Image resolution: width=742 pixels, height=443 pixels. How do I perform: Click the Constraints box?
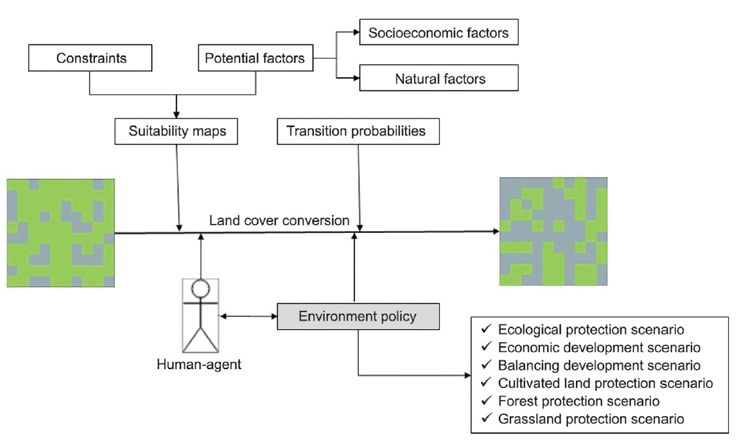pyautogui.click(x=91, y=58)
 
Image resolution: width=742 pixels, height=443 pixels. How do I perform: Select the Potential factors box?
pyautogui.click(x=255, y=58)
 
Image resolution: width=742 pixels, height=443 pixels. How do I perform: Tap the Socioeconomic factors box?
pyautogui.click(x=439, y=33)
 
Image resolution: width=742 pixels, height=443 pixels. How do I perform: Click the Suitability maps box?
pyautogui.click(x=176, y=131)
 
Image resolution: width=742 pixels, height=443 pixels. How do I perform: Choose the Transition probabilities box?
pyautogui.click(x=358, y=131)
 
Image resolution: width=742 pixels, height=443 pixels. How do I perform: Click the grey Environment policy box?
pyautogui.click(x=358, y=317)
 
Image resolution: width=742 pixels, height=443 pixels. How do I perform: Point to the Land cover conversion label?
pyautogui.click(x=279, y=221)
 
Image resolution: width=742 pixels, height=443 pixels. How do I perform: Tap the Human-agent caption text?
pyautogui.click(x=199, y=364)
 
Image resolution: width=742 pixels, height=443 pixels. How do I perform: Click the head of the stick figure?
pyautogui.click(x=200, y=288)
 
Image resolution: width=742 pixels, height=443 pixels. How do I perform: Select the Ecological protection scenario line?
pyautogui.click(x=590, y=329)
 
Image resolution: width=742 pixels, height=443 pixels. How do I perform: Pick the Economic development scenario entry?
pyautogui.click(x=599, y=347)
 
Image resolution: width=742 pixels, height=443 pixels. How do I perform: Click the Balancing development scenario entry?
pyautogui.click(x=599, y=365)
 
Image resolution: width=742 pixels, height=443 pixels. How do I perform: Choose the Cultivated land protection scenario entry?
pyautogui.click(x=605, y=383)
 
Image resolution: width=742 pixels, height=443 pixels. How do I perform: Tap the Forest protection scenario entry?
pyautogui.click(x=578, y=400)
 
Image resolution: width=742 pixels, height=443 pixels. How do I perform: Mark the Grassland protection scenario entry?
pyautogui.click(x=590, y=419)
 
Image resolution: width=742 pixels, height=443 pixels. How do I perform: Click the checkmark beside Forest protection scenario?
pyautogui.click(x=486, y=400)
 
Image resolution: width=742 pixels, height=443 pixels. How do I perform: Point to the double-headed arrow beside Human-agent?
pyautogui.click(x=248, y=317)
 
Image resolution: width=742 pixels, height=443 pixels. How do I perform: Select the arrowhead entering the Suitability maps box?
pyautogui.click(x=176, y=115)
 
